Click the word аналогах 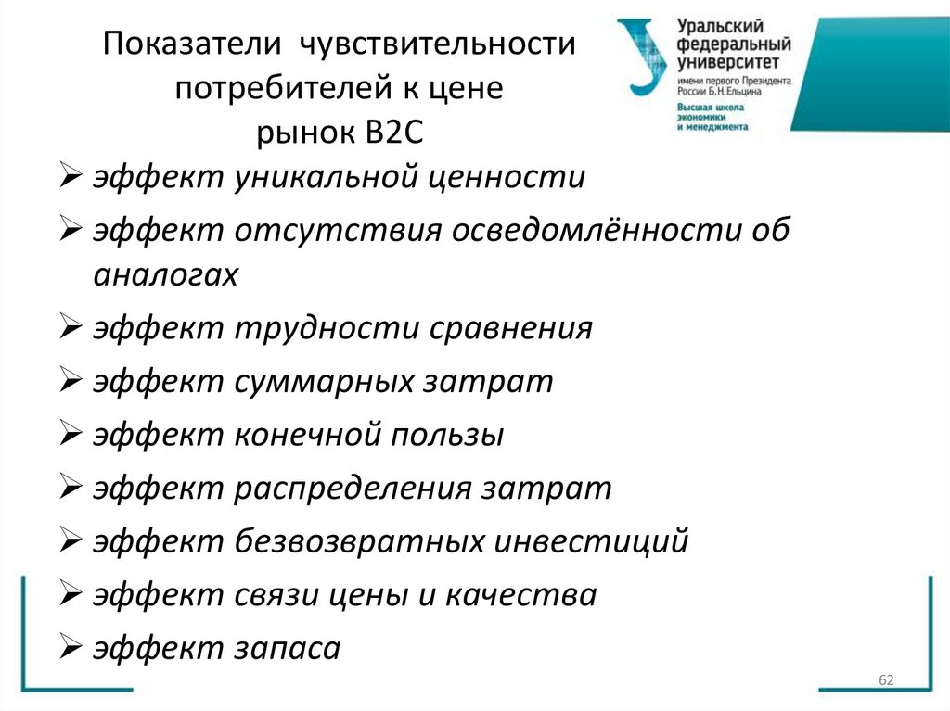[166, 275]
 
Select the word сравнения [507, 329]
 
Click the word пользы [446, 435]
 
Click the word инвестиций [595, 540]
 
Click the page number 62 [885, 682]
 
